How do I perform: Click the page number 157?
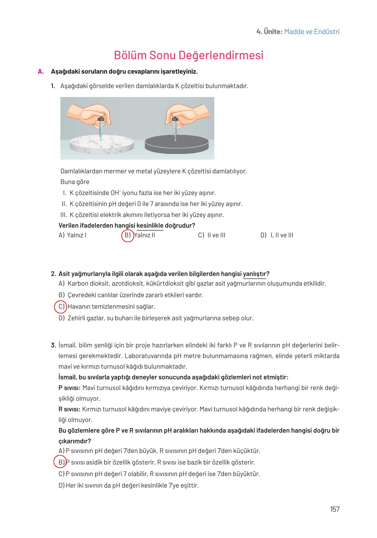tap(334, 509)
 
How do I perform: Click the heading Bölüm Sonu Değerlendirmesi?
tap(188, 55)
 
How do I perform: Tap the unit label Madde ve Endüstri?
tap(311, 32)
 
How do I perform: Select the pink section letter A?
tap(41, 71)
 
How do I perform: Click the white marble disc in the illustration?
tap(102, 144)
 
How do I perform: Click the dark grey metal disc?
tap(176, 144)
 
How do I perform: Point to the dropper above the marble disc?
tap(101, 127)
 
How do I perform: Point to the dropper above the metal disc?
tap(175, 127)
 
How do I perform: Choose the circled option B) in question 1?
tap(127, 235)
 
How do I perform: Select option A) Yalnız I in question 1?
tap(73, 235)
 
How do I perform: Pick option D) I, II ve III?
tap(277, 235)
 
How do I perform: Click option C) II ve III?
tap(212, 235)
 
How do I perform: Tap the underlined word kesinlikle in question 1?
tap(150, 226)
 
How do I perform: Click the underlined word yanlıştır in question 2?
tap(255, 274)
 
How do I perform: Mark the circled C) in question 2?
tap(61, 306)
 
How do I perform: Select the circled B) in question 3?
tap(61, 462)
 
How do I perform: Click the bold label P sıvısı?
tap(69, 388)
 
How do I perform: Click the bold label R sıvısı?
tap(69, 409)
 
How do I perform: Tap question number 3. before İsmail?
tap(53, 345)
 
